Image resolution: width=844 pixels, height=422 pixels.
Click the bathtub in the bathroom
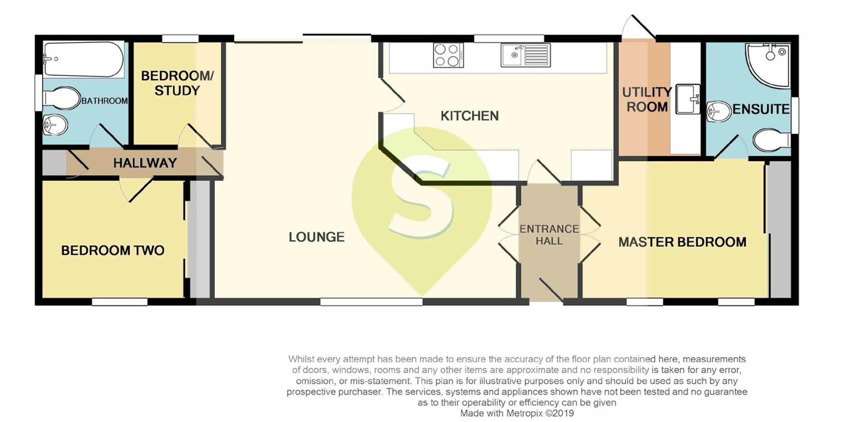(84, 59)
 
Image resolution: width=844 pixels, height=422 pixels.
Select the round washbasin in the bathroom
(55, 124)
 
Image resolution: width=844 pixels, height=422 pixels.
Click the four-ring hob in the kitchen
(448, 55)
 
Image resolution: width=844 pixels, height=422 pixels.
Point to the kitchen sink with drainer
(525, 55)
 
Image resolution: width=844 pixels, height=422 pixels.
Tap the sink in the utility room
(688, 99)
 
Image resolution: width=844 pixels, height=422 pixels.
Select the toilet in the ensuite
(771, 140)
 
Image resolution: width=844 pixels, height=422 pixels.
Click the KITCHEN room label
(469, 116)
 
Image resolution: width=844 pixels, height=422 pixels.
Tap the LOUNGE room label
(316, 237)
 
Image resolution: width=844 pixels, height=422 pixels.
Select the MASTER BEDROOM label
(682, 242)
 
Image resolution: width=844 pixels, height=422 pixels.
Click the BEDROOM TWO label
(113, 251)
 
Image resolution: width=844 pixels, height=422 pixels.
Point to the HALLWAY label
(145, 163)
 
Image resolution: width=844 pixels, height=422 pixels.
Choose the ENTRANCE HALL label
(549, 235)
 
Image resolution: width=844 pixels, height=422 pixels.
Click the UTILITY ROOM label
(647, 99)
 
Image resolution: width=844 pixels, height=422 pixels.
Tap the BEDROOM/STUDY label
(177, 83)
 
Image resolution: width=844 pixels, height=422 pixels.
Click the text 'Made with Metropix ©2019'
(517, 413)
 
